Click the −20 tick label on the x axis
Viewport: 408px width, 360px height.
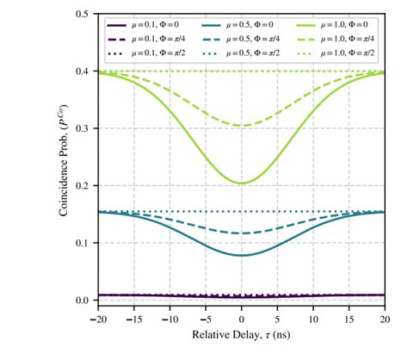click(x=97, y=317)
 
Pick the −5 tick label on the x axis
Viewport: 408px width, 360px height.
click(x=204, y=317)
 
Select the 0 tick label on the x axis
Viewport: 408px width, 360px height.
click(x=242, y=317)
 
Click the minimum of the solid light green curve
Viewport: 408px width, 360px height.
click(x=242, y=183)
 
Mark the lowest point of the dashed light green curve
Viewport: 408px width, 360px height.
click(x=242, y=126)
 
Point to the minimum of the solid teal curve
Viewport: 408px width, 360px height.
click(x=242, y=255)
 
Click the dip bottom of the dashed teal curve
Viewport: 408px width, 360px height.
click(x=242, y=233)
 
